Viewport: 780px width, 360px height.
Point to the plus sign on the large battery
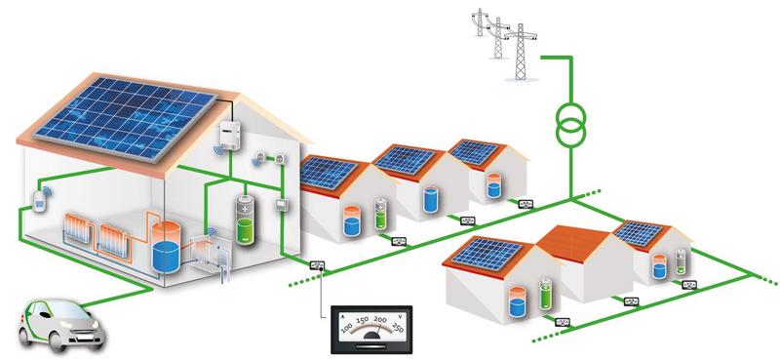245,208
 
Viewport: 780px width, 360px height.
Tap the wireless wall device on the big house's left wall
40,201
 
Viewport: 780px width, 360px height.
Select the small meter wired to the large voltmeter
318,263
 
